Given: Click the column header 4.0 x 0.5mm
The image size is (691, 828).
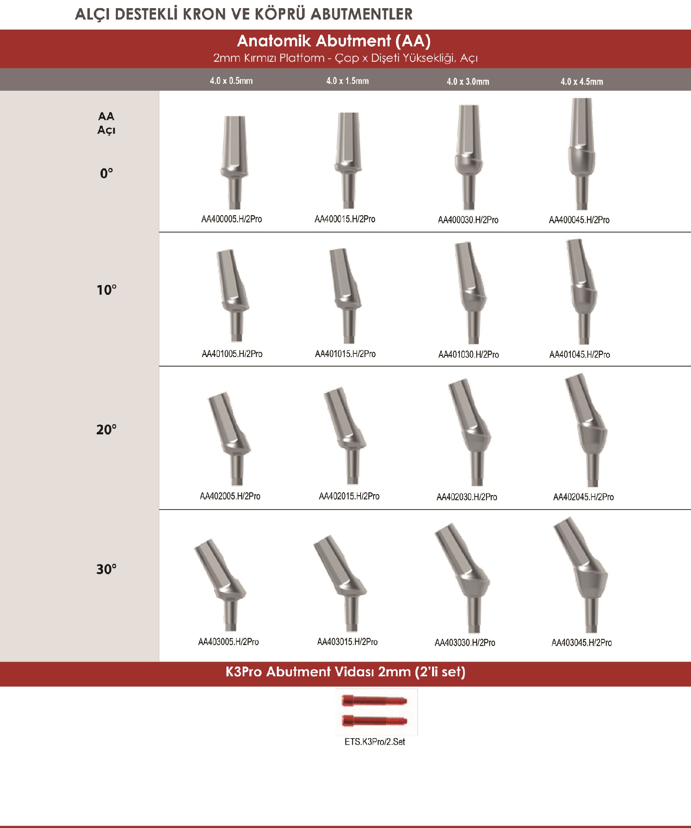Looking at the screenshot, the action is pyautogui.click(x=231, y=81).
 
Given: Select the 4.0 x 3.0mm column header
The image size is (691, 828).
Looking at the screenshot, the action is pyautogui.click(x=468, y=81).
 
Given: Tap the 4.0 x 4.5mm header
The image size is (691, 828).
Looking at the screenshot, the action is pyautogui.click(x=582, y=81).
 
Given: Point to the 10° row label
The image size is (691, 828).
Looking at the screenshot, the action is pyautogui.click(x=106, y=290).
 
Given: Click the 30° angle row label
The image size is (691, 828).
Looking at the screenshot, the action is pyautogui.click(x=106, y=569).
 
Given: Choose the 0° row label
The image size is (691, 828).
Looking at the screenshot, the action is pyautogui.click(x=106, y=173).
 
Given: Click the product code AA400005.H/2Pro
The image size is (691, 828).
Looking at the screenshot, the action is pyautogui.click(x=232, y=219).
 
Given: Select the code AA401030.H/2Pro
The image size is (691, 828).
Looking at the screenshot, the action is pyautogui.click(x=469, y=354).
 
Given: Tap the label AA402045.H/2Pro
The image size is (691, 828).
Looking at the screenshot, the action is pyautogui.click(x=583, y=497).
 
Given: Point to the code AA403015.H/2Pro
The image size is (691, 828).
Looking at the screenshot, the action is pyautogui.click(x=348, y=642).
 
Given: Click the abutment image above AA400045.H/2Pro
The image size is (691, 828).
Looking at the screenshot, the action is pyautogui.click(x=582, y=154).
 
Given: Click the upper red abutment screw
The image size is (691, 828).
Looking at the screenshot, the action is pyautogui.click(x=374, y=701).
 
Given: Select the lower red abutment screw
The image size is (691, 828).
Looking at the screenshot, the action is pyautogui.click(x=374, y=721).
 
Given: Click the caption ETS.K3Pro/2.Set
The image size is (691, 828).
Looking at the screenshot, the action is pyautogui.click(x=375, y=742).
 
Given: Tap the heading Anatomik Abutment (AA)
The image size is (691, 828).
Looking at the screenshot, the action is pyautogui.click(x=334, y=41).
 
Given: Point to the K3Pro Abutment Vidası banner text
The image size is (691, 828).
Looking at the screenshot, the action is pyautogui.click(x=345, y=671).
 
